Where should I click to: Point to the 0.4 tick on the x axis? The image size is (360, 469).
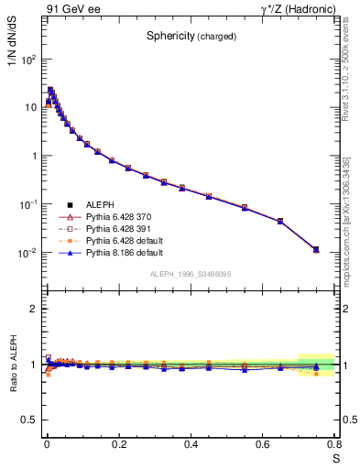pos(191,444)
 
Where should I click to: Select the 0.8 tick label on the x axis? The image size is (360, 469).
pos(335,444)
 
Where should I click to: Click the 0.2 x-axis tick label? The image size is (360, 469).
pos(118,444)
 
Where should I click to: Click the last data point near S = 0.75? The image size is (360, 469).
pos(316,249)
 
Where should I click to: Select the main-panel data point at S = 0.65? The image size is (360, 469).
pos(280,221)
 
